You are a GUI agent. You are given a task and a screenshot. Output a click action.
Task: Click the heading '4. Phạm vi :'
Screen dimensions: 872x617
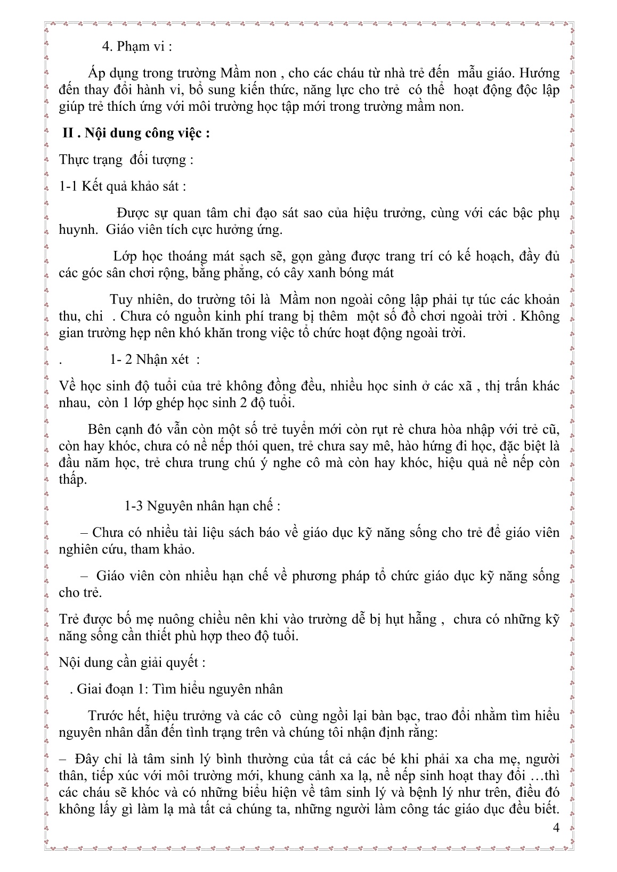tap(137, 46)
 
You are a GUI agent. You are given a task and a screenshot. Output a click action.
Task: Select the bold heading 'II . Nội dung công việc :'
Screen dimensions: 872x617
tap(135, 133)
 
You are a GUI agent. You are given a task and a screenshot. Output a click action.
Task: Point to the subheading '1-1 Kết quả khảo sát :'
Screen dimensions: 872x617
tap(123, 186)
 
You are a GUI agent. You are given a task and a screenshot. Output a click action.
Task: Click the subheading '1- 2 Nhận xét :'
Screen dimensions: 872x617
tap(155, 359)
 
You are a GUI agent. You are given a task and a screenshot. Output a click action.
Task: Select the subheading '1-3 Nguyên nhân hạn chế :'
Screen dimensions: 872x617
tap(202, 506)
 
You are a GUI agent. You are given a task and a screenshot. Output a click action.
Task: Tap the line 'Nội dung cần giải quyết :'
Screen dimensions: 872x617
tap(132, 663)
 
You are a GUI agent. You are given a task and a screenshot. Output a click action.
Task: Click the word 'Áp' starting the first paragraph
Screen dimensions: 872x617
tap(99, 72)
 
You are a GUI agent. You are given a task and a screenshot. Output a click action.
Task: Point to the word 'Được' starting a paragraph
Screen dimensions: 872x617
tap(131, 213)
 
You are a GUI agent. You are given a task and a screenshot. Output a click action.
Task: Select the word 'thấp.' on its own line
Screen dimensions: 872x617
tap(73, 479)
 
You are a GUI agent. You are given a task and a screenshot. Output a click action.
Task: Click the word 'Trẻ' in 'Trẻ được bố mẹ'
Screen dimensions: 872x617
tap(69, 619)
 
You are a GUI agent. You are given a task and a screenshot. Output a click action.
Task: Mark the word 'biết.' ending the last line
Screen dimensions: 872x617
tap(545, 810)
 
